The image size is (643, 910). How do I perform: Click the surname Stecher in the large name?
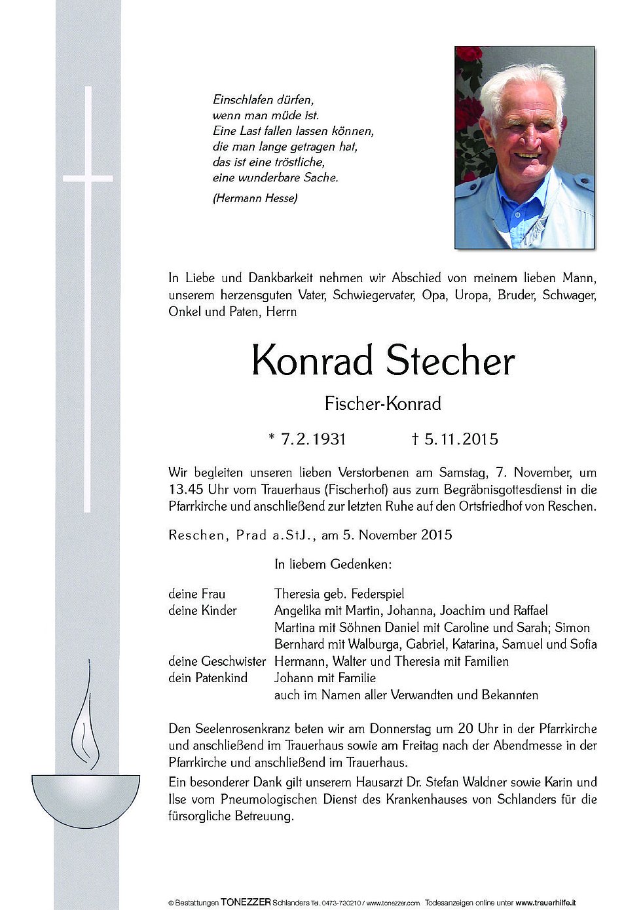[450, 361]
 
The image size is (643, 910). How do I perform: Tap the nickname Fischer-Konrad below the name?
[382, 403]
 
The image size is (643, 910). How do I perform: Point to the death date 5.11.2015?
[461, 439]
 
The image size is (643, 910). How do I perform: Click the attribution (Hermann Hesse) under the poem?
[255, 198]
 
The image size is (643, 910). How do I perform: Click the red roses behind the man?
[469, 111]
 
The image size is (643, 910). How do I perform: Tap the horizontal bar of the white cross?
[88, 178]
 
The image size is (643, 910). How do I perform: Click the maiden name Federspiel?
[377, 594]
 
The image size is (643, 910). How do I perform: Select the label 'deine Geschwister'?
[217, 661]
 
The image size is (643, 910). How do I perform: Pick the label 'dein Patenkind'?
[208, 678]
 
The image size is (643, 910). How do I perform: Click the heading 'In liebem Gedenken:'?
[333, 564]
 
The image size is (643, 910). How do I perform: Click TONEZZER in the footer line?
[246, 902]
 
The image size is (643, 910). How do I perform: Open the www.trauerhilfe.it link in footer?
[545, 903]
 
